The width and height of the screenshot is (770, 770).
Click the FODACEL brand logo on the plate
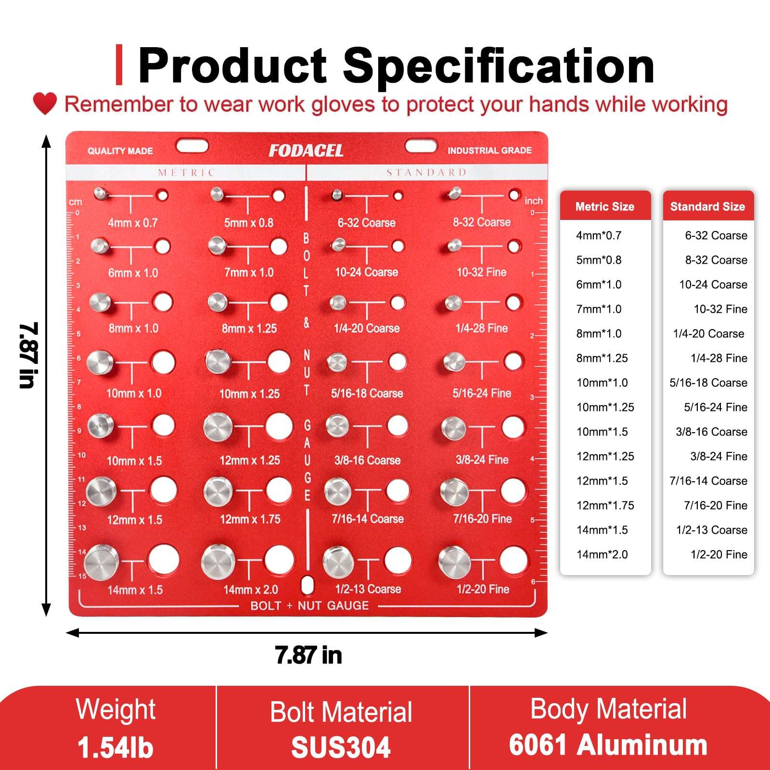(x=306, y=151)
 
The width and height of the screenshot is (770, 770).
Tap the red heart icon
(x=45, y=103)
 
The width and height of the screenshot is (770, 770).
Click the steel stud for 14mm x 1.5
(x=101, y=561)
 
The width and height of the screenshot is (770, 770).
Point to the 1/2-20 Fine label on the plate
(x=483, y=589)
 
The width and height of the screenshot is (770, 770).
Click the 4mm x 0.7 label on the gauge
(x=133, y=223)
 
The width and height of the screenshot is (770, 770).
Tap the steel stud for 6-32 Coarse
(x=337, y=195)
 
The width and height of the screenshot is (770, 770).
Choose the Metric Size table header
(x=605, y=206)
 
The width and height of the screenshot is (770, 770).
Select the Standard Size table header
(x=707, y=206)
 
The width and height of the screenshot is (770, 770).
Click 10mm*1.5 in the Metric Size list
(x=602, y=432)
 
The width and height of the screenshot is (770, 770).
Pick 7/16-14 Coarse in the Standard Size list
(x=708, y=481)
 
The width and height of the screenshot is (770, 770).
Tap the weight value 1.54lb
(x=115, y=747)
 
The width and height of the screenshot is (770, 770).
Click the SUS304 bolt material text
(x=341, y=747)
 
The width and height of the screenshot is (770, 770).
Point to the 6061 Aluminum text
(x=608, y=745)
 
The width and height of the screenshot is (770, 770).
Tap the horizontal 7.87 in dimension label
(x=308, y=655)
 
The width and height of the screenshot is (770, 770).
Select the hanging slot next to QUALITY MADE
(x=192, y=146)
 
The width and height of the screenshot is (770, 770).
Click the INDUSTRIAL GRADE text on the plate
(x=489, y=151)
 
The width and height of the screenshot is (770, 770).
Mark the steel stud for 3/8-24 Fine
(x=453, y=428)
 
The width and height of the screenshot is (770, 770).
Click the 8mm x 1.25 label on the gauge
(x=249, y=329)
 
